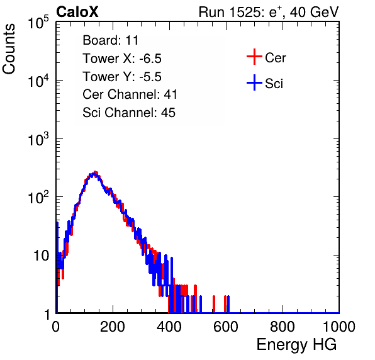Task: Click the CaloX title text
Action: pos(77,12)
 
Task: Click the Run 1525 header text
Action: pos(269,12)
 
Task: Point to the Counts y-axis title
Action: pos(9,49)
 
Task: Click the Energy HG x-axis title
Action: pos(296,345)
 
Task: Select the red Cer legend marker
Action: pos(254,57)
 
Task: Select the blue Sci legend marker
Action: pos(254,82)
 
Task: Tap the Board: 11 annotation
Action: pos(111,40)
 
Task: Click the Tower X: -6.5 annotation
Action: pos(122,59)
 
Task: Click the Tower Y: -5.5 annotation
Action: pos(122,77)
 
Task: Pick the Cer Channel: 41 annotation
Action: pos(130,94)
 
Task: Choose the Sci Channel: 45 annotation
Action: pos(129,113)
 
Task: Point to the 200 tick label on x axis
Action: pos(113,327)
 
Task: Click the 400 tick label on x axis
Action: pos(169,327)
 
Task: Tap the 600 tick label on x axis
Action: pos(226,327)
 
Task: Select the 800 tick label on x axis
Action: pos(283,327)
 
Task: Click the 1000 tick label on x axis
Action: pos(339,327)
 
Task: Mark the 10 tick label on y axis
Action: pos(42,256)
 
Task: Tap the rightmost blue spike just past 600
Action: pos(228,304)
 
